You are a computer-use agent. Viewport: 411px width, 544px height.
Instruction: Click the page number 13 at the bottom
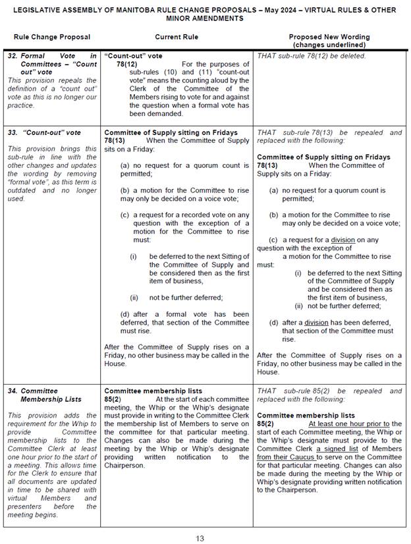coord(200,538)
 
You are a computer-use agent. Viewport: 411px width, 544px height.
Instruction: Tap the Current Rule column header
coord(177,37)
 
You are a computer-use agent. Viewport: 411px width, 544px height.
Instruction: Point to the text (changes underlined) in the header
coord(329,44)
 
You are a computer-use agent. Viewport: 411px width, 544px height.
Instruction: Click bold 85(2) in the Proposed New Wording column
coord(267,423)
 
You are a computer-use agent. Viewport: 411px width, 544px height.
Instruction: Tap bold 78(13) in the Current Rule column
coord(116,140)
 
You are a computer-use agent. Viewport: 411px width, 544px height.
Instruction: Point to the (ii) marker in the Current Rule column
coord(134,297)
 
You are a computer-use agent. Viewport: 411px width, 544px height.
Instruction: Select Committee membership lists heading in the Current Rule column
coord(153,391)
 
